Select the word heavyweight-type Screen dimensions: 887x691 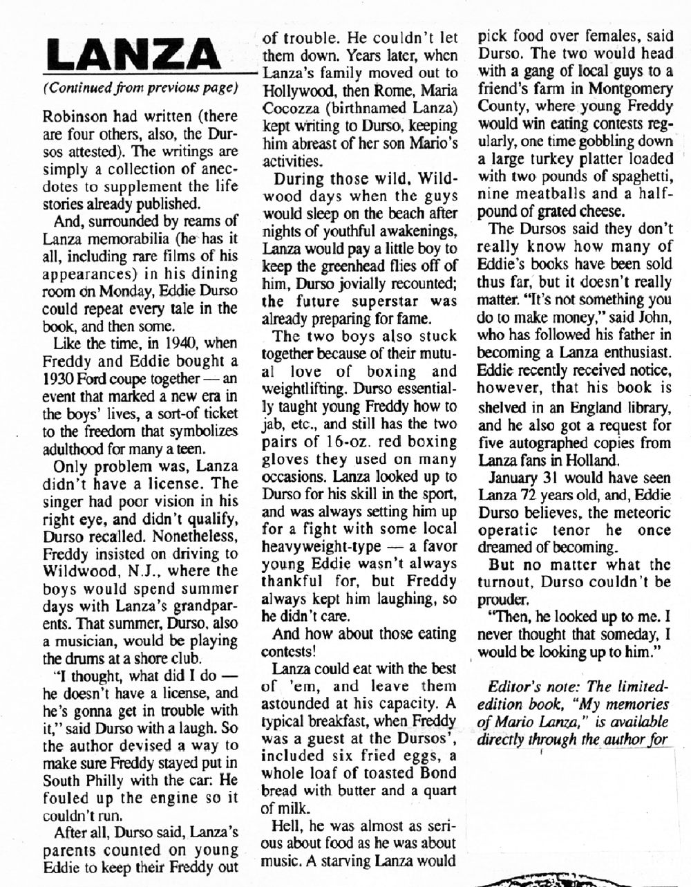pos(317,547)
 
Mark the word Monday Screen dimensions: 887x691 pos(120,292)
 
